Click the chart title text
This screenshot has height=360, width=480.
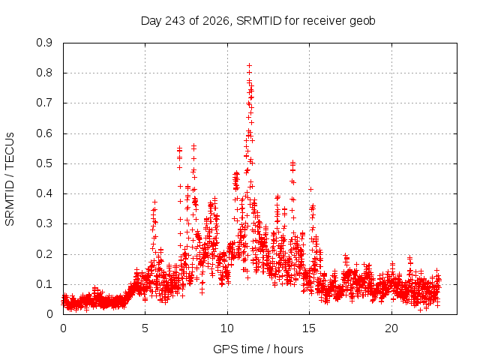click(258, 21)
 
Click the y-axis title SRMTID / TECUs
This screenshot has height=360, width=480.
click(10, 179)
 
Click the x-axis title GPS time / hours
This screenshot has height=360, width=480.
click(258, 349)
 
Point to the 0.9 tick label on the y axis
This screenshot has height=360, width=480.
click(44, 43)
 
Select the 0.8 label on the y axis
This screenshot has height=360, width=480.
click(44, 73)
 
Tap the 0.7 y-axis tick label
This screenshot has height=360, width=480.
click(44, 103)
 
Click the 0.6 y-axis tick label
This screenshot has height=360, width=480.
click(44, 133)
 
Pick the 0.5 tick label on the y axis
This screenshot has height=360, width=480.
click(44, 163)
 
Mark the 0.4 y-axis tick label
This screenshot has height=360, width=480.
click(44, 193)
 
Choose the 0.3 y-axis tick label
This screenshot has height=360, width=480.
click(44, 223)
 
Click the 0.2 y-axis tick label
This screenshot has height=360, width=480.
click(44, 254)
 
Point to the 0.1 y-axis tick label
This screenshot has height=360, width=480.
click(44, 284)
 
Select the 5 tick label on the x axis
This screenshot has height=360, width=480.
click(145, 328)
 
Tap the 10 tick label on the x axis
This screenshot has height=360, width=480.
click(227, 328)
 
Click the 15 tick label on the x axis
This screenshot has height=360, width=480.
click(309, 328)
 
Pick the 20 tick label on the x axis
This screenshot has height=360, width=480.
click(391, 328)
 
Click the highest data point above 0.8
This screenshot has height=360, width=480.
click(250, 65)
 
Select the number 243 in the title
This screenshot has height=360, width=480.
click(175, 21)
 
